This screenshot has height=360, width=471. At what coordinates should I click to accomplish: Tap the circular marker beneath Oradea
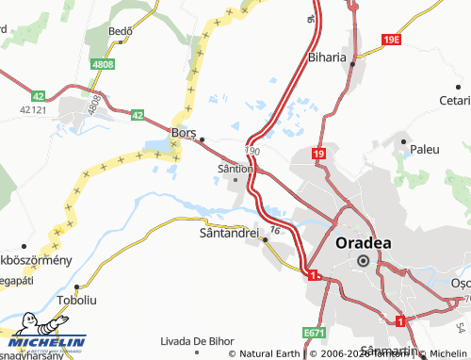pos(363,261)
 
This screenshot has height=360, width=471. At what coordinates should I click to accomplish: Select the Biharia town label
pos(327,57)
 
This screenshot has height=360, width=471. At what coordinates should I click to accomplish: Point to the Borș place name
pos(183,133)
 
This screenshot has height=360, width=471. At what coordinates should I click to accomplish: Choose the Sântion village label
pos(235,169)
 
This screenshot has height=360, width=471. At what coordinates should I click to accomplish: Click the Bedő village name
pos(121,30)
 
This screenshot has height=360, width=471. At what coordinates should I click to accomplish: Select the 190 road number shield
pos(252,150)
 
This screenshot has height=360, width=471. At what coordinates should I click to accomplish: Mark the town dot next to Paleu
pos(403,142)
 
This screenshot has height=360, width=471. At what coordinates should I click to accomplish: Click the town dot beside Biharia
pos(352,64)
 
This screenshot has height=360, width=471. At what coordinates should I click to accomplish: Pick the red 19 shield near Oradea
pos(319,154)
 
